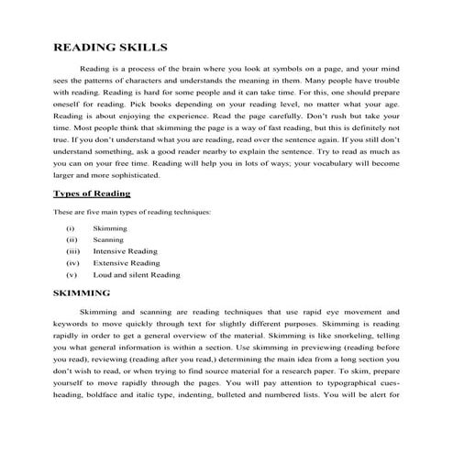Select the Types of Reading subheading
click(92, 194)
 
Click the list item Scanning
click(109, 239)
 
